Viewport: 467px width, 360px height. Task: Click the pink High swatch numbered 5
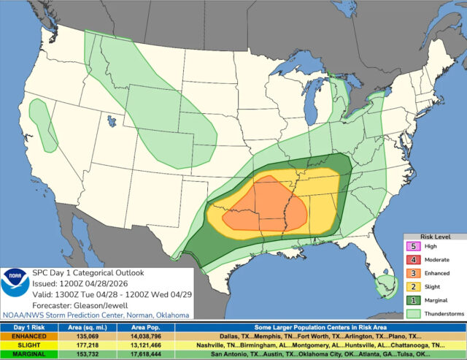click(413, 247)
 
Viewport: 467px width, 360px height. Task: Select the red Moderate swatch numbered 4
click(413, 260)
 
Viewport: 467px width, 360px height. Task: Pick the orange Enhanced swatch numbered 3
click(413, 273)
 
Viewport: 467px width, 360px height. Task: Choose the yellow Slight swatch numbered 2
click(413, 286)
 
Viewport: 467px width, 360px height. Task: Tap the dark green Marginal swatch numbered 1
click(413, 299)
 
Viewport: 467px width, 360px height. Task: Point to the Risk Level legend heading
click(436, 237)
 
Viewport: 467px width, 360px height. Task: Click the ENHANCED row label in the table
click(29, 337)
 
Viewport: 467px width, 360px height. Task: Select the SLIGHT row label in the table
click(29, 345)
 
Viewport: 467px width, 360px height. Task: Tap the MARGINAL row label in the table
click(29, 353)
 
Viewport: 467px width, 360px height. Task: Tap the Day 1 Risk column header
click(29, 328)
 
